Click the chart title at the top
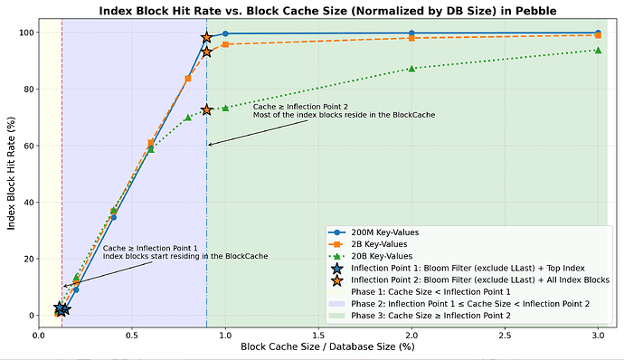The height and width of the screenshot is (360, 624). [327, 11]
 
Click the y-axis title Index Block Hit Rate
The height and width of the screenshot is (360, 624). [11, 174]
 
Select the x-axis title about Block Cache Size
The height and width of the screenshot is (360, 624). [327, 346]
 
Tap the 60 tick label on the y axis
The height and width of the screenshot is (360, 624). [30, 146]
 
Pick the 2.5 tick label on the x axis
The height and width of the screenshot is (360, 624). [505, 336]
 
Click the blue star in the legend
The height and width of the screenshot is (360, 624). [337, 268]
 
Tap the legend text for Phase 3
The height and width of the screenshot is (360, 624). [430, 316]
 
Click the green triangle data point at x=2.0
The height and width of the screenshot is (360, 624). [411, 69]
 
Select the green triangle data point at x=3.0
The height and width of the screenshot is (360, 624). [598, 50]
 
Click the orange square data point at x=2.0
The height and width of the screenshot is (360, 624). [411, 38]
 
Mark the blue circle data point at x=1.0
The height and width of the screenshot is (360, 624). [225, 33]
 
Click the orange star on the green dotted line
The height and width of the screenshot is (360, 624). [206, 110]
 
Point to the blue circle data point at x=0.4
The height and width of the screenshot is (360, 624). [113, 217]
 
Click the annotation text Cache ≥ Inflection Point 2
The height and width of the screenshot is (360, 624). [300, 107]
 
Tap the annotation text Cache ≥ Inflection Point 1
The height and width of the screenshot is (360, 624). [150, 248]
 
